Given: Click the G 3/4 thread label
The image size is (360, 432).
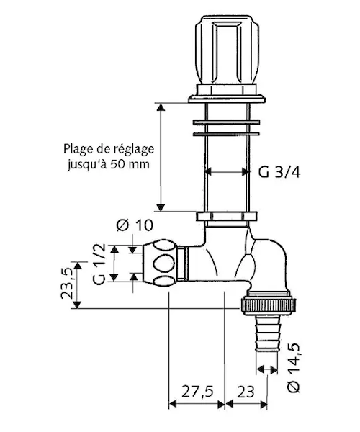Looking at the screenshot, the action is coord(279,173).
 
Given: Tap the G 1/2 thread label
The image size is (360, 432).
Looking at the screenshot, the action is coord(99,264).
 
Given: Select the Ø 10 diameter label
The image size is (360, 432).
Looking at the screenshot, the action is coord(135,225).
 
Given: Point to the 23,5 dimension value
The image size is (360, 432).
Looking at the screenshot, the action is coord(67,283).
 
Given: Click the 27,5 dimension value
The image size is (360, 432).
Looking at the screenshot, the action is coord(197,391).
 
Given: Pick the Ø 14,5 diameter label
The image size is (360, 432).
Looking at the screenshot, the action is coord(293,367).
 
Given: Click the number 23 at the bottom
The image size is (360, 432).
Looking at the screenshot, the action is coord(246,392).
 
